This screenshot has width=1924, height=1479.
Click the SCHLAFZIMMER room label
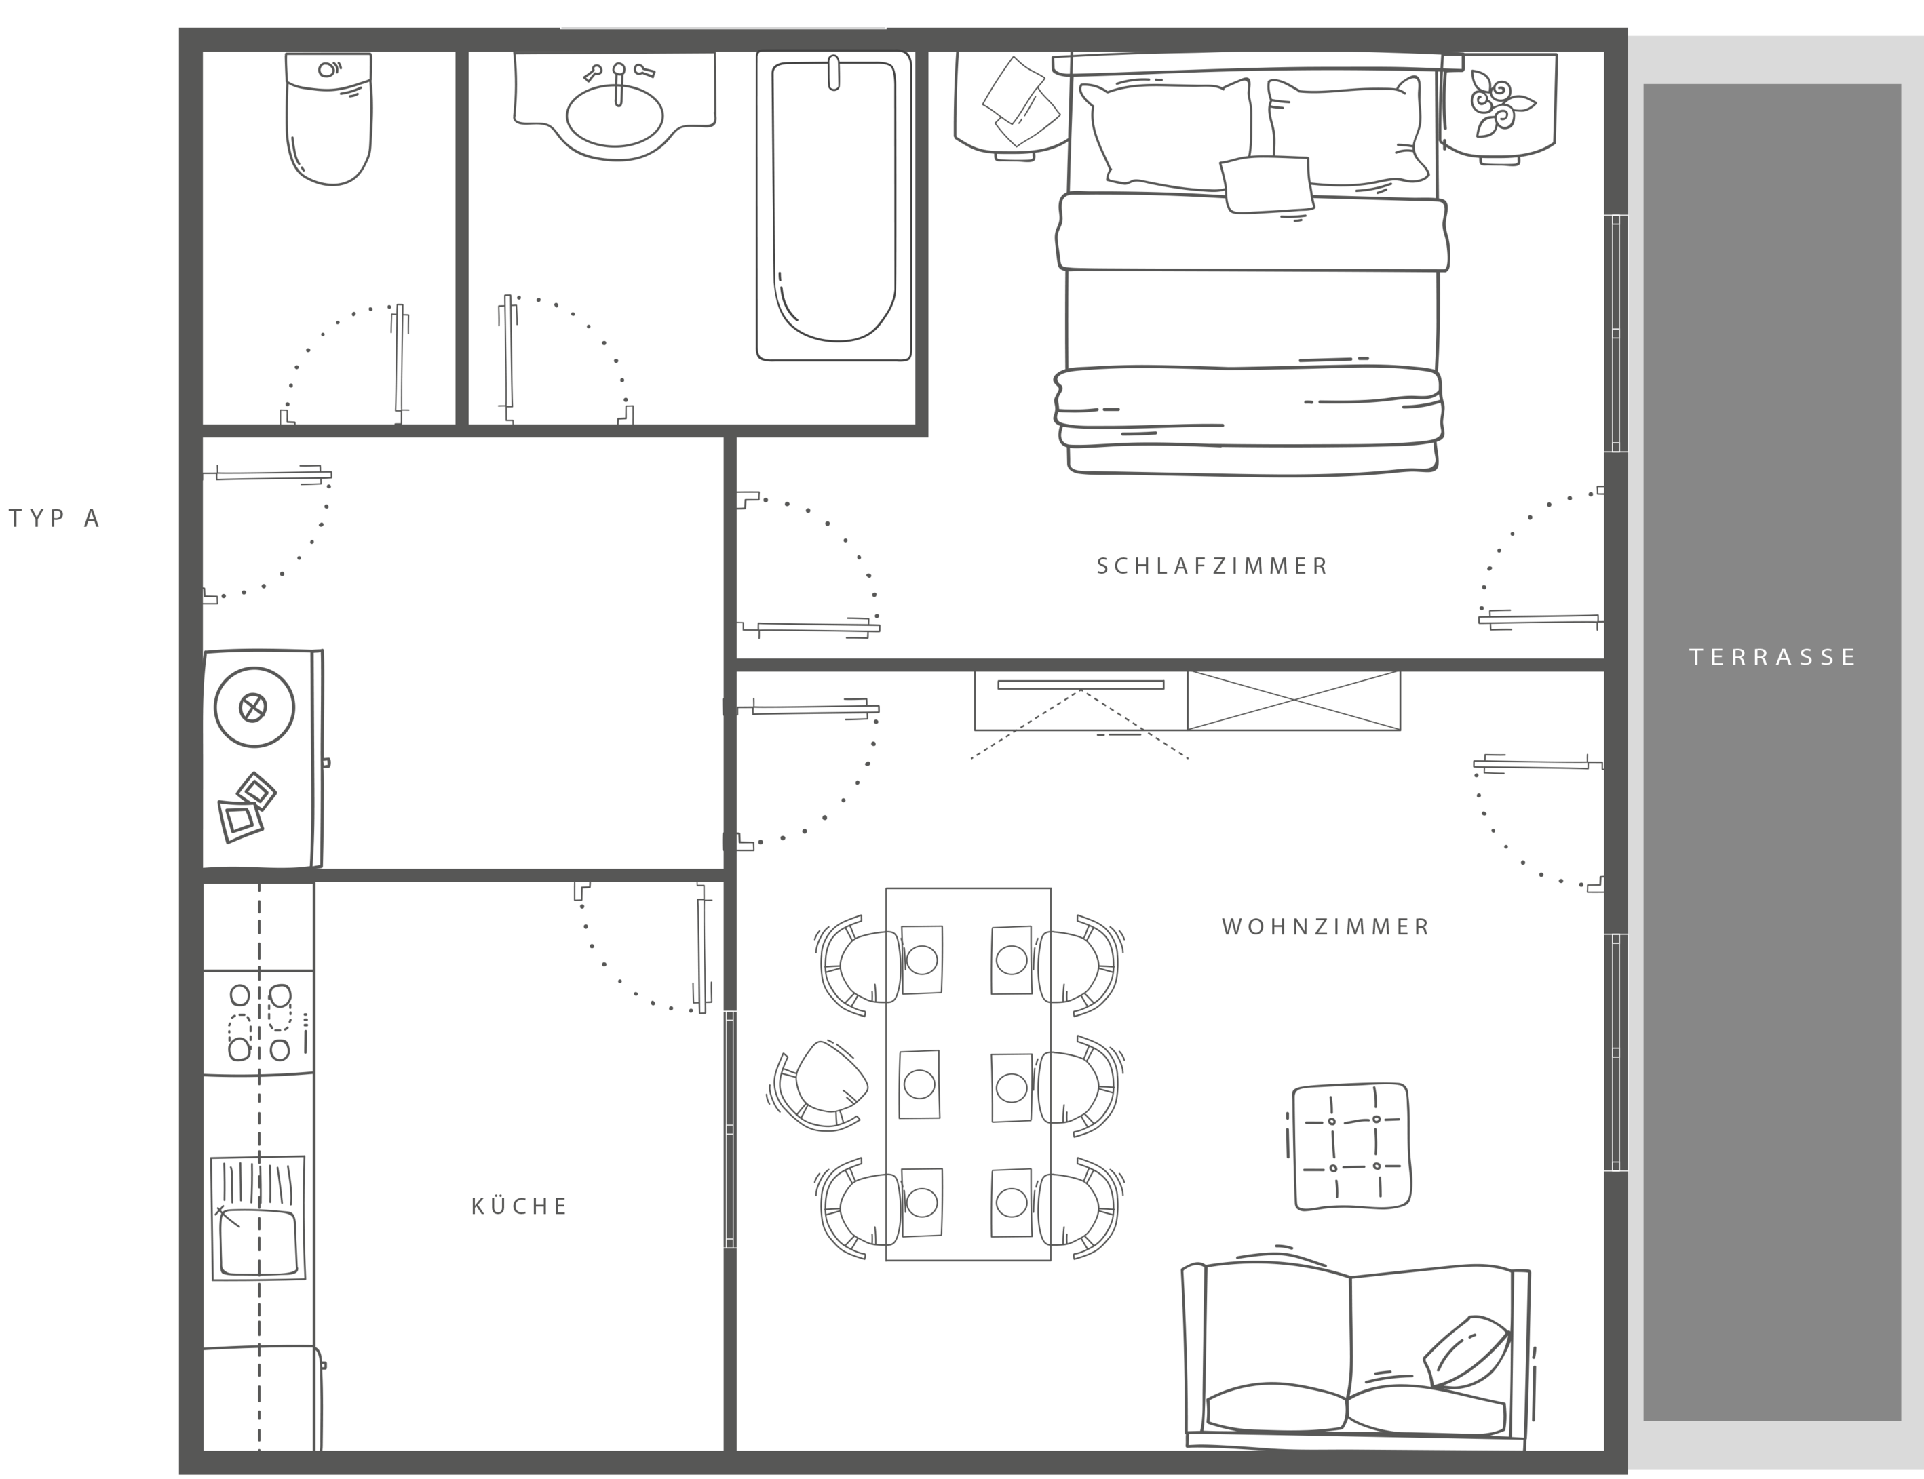(x=1212, y=566)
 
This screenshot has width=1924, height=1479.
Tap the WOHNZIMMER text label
(x=1325, y=927)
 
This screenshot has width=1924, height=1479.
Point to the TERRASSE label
(x=1773, y=656)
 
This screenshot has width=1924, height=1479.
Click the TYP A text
(x=54, y=519)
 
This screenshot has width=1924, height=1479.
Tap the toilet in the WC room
(x=328, y=119)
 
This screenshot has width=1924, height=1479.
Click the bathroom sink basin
(x=615, y=115)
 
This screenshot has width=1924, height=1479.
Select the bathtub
(x=834, y=205)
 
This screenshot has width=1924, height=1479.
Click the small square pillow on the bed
(x=1266, y=184)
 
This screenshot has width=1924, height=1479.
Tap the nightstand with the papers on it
(x=1013, y=106)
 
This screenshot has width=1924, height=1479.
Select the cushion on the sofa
(x=1466, y=1352)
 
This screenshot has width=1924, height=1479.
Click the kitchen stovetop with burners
(x=259, y=1022)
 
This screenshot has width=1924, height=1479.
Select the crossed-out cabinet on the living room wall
(x=1294, y=701)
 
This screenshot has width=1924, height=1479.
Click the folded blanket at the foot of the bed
(x=1248, y=407)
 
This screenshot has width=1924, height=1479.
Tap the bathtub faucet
(x=833, y=72)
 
